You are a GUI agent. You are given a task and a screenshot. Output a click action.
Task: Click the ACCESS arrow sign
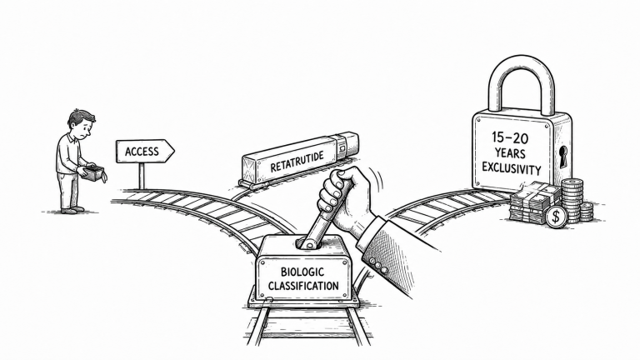(145, 152)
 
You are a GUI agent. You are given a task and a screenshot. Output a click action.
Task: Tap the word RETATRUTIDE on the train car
(297, 161)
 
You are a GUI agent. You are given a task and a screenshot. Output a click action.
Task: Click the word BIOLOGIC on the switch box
(302, 272)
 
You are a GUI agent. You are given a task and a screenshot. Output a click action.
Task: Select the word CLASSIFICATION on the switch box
(303, 285)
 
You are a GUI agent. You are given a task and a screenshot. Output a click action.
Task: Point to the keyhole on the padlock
(563, 157)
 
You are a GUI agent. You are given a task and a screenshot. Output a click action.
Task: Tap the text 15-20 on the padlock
(510, 138)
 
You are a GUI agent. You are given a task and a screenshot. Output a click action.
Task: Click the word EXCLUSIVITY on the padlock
(512, 167)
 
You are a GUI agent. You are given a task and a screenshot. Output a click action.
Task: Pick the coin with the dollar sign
(556, 217)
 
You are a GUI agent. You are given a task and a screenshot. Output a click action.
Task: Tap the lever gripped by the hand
(323, 217)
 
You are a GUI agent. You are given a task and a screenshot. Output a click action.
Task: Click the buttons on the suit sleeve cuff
(377, 265)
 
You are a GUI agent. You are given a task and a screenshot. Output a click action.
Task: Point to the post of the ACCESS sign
(142, 177)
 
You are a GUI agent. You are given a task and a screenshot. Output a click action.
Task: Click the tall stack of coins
(572, 200)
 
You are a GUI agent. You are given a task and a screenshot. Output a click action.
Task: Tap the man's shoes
(72, 210)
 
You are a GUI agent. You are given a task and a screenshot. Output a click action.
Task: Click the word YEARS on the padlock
(510, 153)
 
